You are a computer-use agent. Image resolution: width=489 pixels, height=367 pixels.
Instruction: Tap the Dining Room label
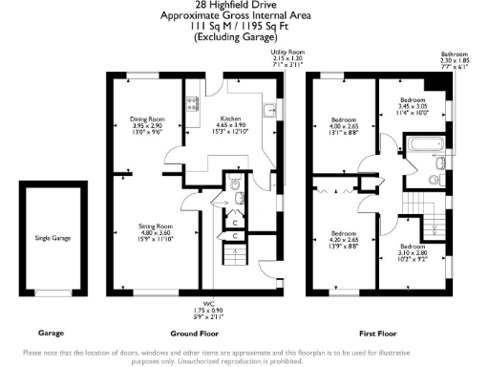click(147, 125)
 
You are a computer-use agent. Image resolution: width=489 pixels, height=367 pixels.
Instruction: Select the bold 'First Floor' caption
click(378, 335)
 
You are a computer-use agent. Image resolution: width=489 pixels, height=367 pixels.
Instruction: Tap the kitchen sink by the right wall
click(271, 111)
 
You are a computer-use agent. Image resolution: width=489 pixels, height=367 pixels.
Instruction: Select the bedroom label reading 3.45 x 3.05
click(413, 106)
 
